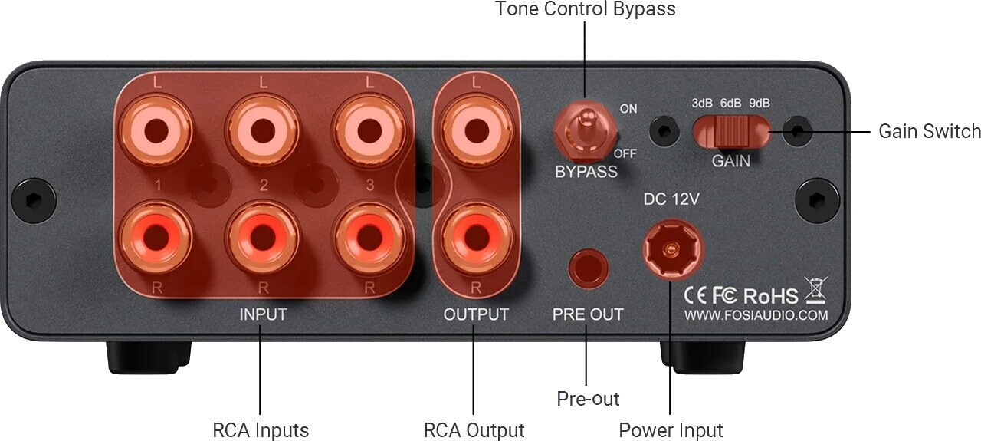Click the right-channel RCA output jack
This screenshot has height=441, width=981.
click(x=475, y=234)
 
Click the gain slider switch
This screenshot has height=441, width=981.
click(x=731, y=131)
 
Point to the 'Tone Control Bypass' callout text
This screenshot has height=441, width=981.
click(x=585, y=9)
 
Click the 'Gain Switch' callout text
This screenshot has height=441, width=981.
click(x=929, y=131)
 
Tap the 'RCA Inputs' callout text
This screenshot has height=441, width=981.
click(x=261, y=430)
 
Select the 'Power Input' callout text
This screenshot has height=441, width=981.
click(x=671, y=430)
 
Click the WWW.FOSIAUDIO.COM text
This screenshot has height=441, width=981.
click(x=756, y=315)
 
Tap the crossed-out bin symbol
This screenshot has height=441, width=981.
click(x=814, y=290)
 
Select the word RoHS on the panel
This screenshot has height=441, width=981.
click(x=770, y=295)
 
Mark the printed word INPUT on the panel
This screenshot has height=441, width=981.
click(x=263, y=314)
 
